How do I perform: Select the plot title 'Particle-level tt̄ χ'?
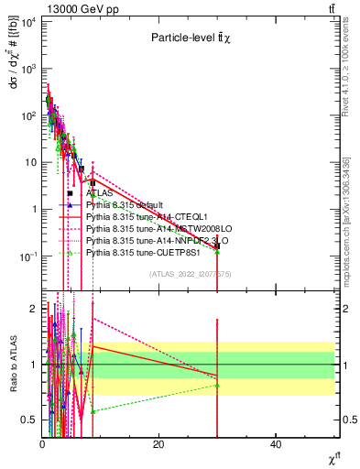click(x=191, y=38)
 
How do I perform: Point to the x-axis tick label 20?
click(x=158, y=444)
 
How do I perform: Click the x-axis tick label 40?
click(x=276, y=444)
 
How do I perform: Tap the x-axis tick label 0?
click(x=42, y=444)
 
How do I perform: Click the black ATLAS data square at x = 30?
click(x=217, y=245)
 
